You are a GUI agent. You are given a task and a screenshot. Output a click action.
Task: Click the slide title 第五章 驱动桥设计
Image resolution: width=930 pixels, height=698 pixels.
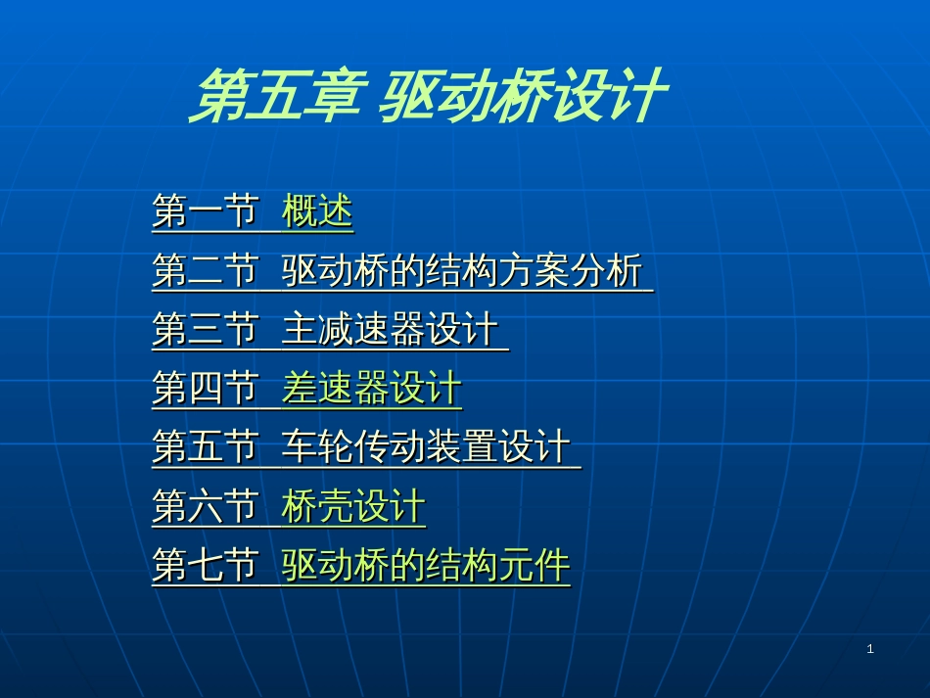[x=428, y=95]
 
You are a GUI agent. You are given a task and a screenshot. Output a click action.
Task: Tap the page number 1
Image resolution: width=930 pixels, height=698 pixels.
[x=870, y=649]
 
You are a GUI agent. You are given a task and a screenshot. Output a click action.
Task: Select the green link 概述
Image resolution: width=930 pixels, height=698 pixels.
[x=317, y=211]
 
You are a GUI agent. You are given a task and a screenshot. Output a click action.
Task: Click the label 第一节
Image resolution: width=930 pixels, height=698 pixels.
[x=206, y=211]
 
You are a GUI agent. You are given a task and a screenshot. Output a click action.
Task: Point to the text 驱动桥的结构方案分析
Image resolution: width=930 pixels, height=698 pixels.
[x=462, y=270]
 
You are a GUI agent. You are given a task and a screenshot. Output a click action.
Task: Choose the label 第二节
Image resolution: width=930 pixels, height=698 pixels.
[x=206, y=270]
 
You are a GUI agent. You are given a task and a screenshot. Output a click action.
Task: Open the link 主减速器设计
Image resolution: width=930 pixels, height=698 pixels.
[x=390, y=329]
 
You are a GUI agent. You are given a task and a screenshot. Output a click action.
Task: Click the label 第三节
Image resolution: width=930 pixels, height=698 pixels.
[x=206, y=329]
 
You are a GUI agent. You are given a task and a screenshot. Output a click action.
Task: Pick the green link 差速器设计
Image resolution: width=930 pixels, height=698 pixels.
[x=372, y=388]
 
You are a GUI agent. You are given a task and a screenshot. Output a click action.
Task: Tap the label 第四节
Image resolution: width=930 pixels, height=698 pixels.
[x=206, y=388]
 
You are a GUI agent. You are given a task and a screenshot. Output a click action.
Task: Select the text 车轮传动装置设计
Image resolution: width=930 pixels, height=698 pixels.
[x=426, y=446]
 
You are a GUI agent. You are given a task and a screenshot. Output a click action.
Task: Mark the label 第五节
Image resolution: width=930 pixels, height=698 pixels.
[x=206, y=446]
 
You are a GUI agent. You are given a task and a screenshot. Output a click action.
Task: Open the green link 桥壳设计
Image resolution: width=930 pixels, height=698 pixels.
[x=353, y=506]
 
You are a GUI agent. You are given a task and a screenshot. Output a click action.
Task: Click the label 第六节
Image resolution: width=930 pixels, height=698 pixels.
[x=206, y=506]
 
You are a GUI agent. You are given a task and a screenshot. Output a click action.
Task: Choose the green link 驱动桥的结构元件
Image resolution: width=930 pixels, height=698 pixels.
[x=426, y=565]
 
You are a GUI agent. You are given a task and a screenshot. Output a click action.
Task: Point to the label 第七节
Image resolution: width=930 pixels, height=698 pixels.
[x=206, y=565]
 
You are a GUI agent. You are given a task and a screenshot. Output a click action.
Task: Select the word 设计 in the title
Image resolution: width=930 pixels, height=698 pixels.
[x=611, y=95]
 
